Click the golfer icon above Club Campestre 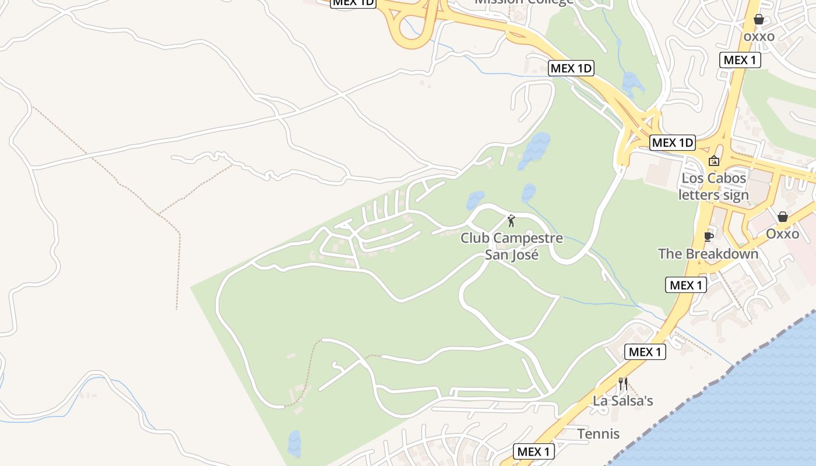pyautogui.click(x=512, y=221)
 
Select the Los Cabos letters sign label pyautogui.click(x=713, y=186)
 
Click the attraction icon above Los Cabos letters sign pyautogui.click(x=713, y=161)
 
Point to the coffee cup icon pyautogui.click(x=708, y=236)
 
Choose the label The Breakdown pyautogui.click(x=708, y=254)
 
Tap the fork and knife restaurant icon pyautogui.click(x=622, y=383)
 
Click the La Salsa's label pyautogui.click(x=622, y=401)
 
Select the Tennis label pyautogui.click(x=598, y=434)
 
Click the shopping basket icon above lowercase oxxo pyautogui.click(x=758, y=20)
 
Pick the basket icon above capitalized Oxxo pyautogui.click(x=782, y=217)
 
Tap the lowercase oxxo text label pyautogui.click(x=758, y=37)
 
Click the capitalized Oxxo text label pyautogui.click(x=782, y=234)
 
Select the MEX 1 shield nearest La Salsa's pyautogui.click(x=645, y=352)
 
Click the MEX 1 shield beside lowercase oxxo pyautogui.click(x=740, y=59)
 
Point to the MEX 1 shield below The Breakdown pyautogui.click(x=686, y=285)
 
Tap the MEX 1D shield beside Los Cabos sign pyautogui.click(x=672, y=142)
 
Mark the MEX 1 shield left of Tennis pyautogui.click(x=533, y=451)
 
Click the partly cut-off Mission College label pyautogui.click(x=523, y=2)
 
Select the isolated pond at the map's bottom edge pyautogui.click(x=294, y=444)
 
